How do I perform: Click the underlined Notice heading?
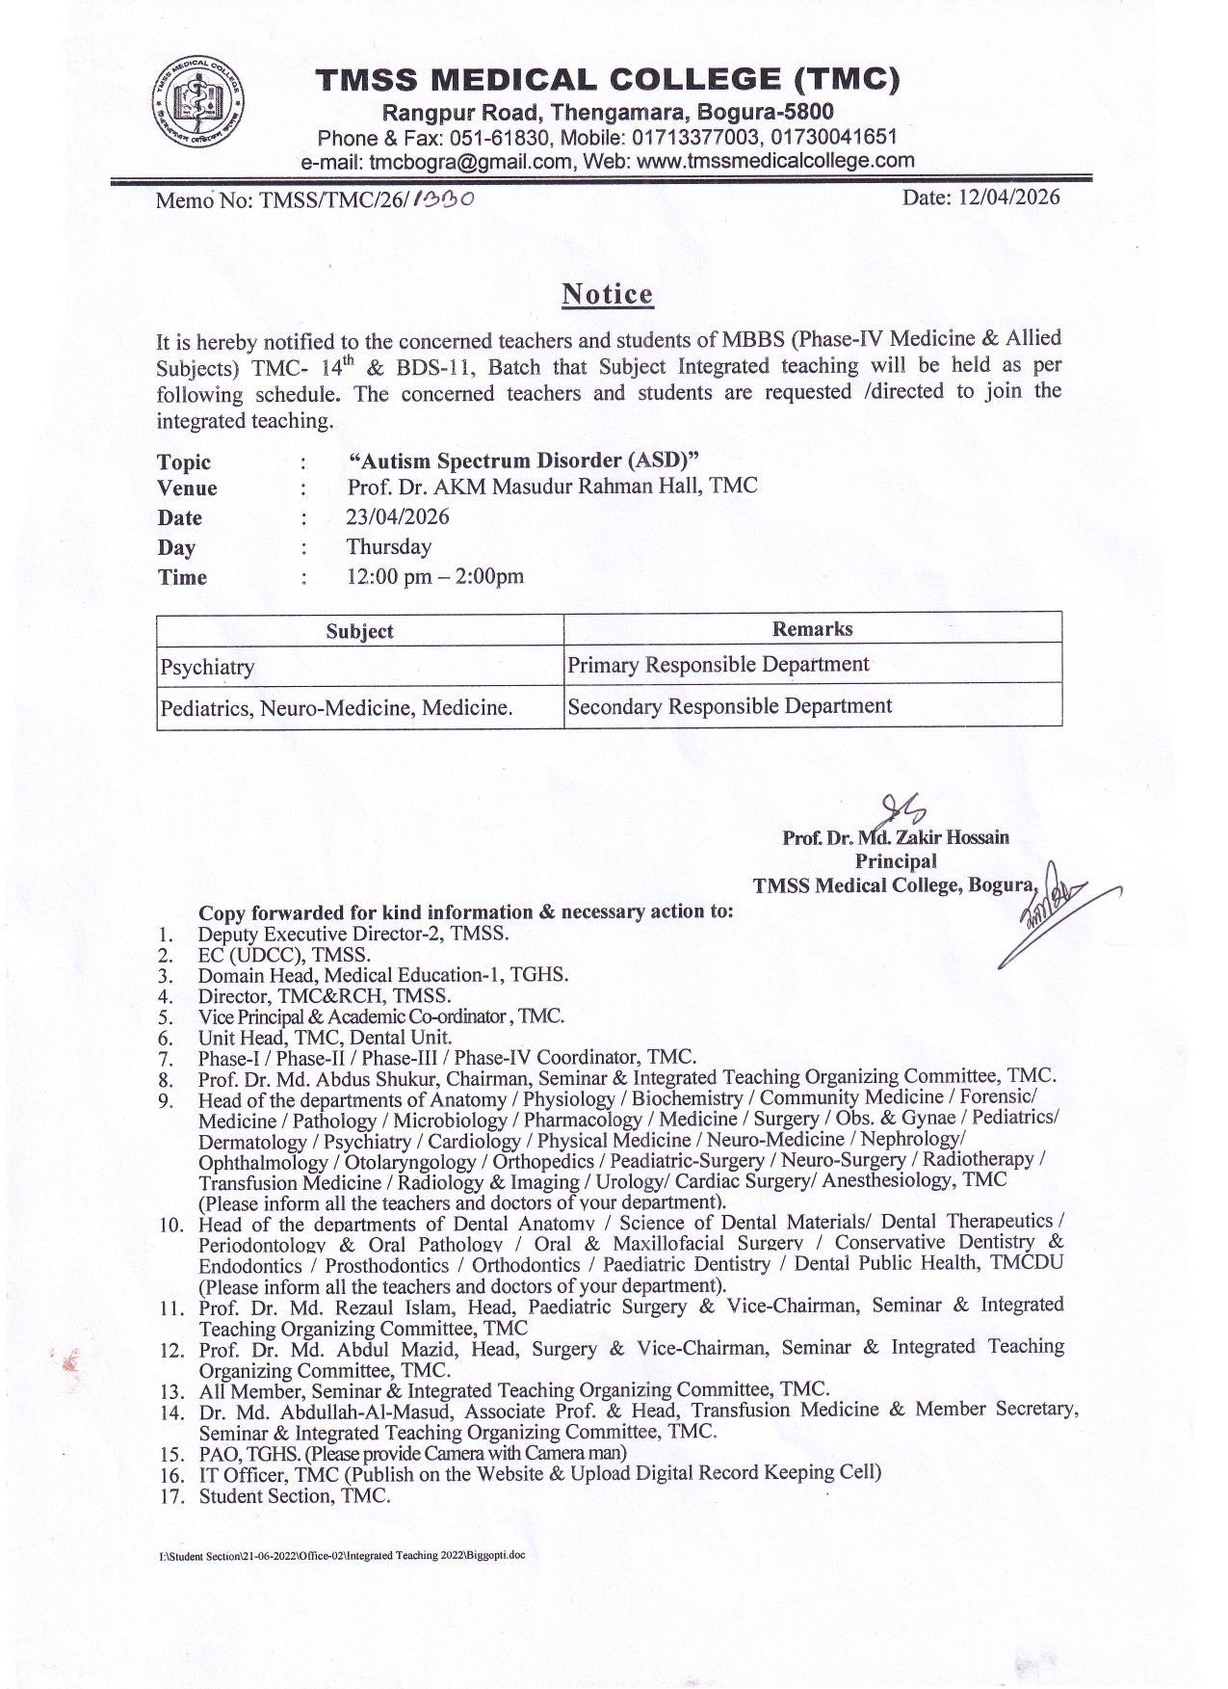pyautogui.click(x=607, y=294)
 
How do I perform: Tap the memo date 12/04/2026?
pyautogui.click(x=980, y=198)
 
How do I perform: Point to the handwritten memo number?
pyautogui.click(x=442, y=199)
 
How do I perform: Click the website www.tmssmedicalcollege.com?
pyautogui.click(x=775, y=161)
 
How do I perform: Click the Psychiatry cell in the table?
pyautogui.click(x=208, y=667)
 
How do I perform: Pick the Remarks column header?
pyautogui.click(x=812, y=629)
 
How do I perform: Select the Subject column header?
pyautogui.click(x=359, y=631)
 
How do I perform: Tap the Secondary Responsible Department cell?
pyautogui.click(x=730, y=706)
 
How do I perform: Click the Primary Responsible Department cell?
pyautogui.click(x=719, y=665)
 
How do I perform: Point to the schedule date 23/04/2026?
pyautogui.click(x=398, y=516)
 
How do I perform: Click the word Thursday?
pyautogui.click(x=389, y=546)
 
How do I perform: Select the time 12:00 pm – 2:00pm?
pyautogui.click(x=435, y=576)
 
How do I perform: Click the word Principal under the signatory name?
pyautogui.click(x=895, y=860)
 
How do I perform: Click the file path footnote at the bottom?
pyautogui.click(x=342, y=1555)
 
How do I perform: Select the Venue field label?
pyautogui.click(x=187, y=488)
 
